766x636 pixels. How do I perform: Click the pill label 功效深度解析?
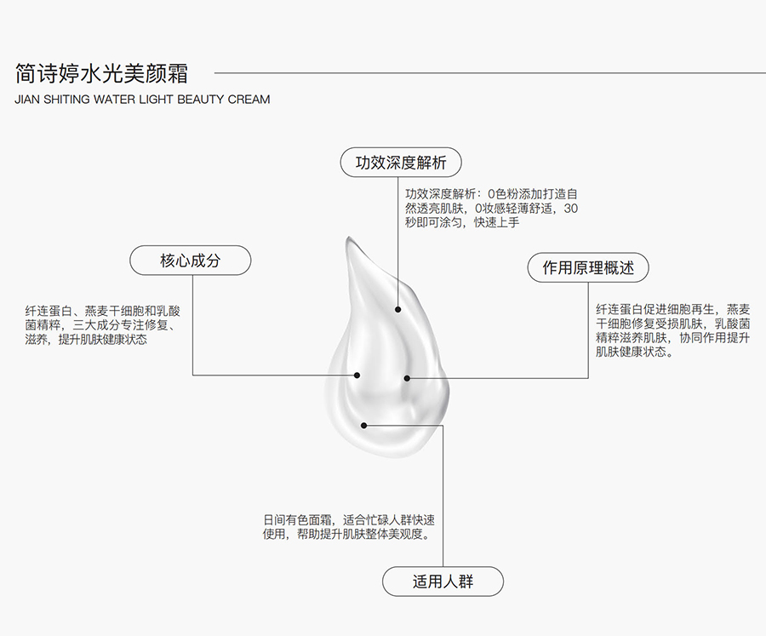point(401,163)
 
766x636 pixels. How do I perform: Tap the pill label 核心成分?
point(190,260)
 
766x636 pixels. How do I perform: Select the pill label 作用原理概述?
point(588,267)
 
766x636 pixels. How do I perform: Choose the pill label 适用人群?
point(443,582)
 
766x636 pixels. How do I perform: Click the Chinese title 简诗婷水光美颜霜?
point(101,73)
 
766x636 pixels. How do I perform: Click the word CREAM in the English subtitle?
point(249,100)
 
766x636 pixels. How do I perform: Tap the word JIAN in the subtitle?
point(27,100)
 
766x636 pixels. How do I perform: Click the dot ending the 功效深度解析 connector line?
point(397,309)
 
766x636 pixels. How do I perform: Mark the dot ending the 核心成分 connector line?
point(357,375)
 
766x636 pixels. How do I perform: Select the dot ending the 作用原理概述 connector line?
point(407,378)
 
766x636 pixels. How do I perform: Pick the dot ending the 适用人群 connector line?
point(363,426)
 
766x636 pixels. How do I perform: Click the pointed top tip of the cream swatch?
point(349,238)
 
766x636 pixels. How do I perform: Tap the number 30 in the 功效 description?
point(570,209)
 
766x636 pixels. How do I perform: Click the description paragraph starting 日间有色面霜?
point(349,527)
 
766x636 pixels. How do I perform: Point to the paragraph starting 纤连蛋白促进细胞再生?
point(672,330)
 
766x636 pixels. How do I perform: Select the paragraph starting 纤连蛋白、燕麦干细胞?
point(103,325)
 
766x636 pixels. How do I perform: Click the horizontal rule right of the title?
point(490,73)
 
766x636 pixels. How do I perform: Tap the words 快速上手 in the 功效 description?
point(496,222)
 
